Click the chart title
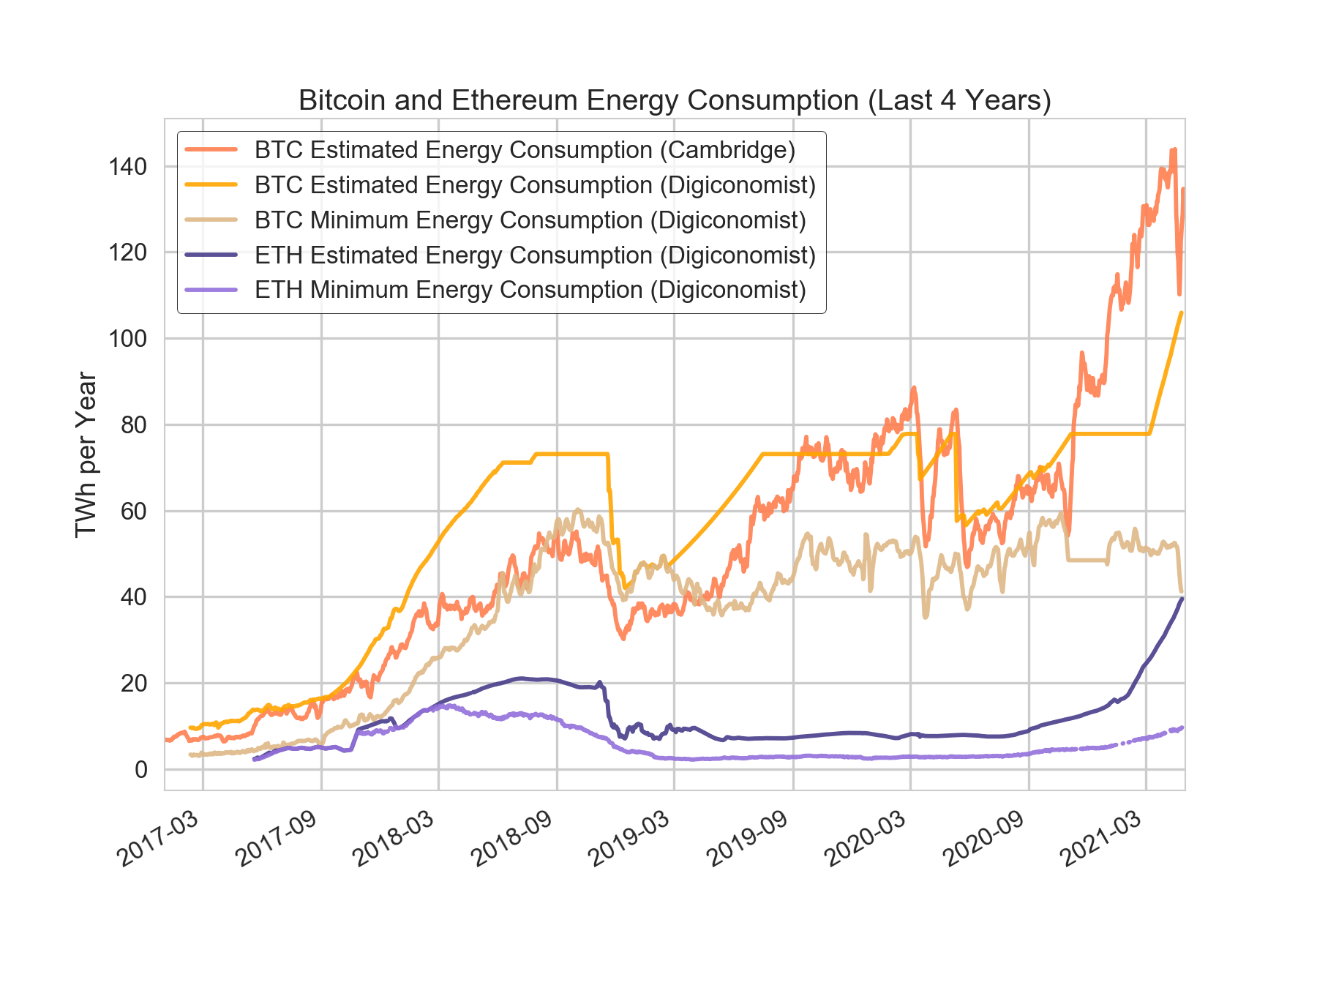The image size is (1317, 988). [674, 100]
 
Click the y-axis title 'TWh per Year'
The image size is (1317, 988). [86, 454]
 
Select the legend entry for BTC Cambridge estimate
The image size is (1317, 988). [525, 150]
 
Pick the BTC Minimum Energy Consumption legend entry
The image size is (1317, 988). [530, 220]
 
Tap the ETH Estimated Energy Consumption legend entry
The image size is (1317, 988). [535, 255]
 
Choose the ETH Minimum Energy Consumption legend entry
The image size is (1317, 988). [530, 291]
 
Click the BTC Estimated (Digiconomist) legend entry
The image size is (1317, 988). [535, 185]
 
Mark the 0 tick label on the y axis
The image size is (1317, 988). [140, 770]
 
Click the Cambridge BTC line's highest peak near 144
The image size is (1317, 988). [1174, 149]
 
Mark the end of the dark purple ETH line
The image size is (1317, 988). [1182, 599]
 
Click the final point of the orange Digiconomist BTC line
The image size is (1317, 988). [1181, 313]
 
